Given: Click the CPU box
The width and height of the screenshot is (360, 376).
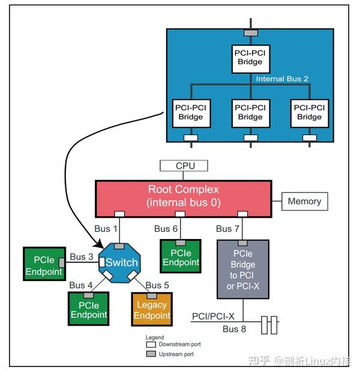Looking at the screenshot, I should point(184,166).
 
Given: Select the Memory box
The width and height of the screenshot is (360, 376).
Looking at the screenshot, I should point(305,201).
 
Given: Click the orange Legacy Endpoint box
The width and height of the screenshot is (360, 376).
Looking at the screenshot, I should point(152,309).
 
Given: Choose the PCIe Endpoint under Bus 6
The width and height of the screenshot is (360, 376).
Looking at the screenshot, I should point(181,257).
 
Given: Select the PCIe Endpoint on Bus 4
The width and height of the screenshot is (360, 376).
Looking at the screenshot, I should point(88,309).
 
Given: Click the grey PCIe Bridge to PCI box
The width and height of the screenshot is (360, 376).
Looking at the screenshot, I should point(242,268).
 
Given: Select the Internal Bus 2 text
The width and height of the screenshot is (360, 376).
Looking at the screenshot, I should point(283,79).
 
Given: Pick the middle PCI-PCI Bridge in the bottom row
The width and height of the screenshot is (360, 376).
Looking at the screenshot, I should point(250,112).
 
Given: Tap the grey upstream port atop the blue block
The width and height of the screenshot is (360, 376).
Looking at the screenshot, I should point(250,32).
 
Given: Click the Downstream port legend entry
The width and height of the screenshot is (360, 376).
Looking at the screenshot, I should point(175,344).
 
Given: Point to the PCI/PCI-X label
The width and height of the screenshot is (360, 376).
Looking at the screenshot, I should point(213,316).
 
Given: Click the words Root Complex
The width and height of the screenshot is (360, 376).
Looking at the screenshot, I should point(184,189).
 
